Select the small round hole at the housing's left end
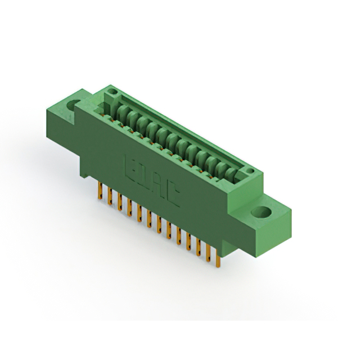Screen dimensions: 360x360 point(112,91)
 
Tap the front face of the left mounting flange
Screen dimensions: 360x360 point(61,121)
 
